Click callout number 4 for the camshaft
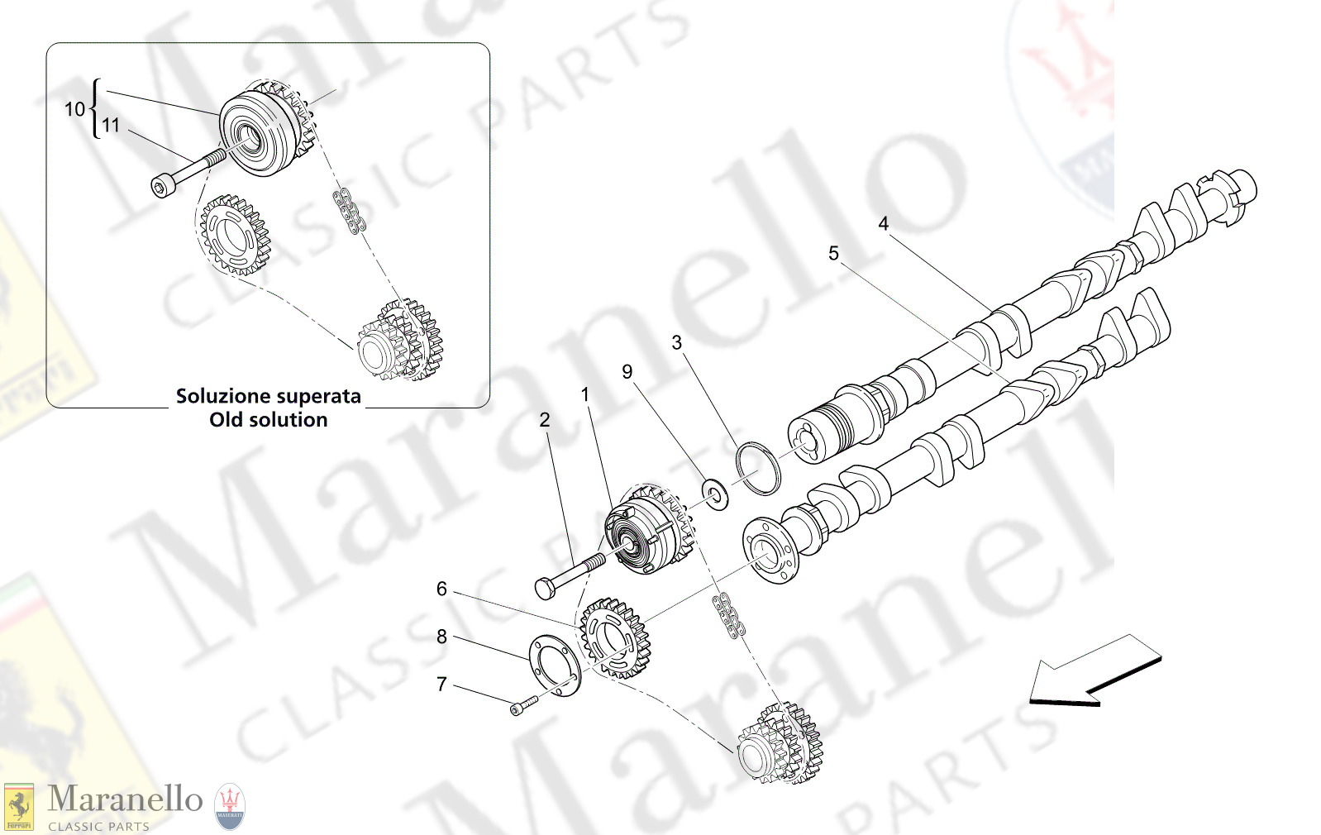(883, 223)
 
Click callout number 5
(833, 253)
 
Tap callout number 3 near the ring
(676, 342)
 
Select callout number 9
(627, 372)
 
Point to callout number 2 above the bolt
(544, 420)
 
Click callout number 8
(441, 637)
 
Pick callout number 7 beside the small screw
(441, 685)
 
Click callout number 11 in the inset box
(111, 126)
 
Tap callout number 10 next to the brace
(74, 109)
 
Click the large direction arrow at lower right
(1095, 671)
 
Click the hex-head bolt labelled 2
(569, 575)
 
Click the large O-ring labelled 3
(758, 469)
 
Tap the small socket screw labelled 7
(522, 705)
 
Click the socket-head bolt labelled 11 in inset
(185, 174)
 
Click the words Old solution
(268, 420)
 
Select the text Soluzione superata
(268, 396)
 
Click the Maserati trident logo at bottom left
(230, 806)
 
